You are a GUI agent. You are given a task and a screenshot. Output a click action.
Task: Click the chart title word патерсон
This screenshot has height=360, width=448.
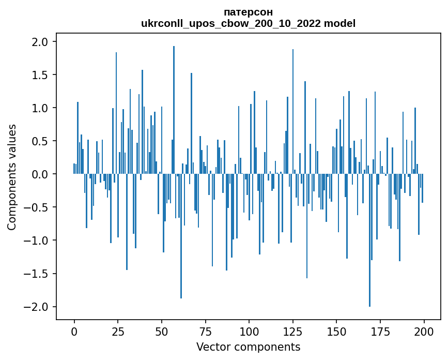(248, 12)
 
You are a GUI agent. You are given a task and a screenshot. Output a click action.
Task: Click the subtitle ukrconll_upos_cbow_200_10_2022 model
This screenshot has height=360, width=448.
(248, 23)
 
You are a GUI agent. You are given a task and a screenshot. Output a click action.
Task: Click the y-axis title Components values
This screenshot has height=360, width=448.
(12, 177)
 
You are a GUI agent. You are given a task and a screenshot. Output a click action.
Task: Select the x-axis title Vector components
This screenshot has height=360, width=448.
(248, 347)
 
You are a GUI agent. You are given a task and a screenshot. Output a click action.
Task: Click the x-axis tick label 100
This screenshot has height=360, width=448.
(249, 331)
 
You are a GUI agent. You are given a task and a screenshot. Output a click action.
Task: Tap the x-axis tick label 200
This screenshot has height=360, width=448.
(424, 331)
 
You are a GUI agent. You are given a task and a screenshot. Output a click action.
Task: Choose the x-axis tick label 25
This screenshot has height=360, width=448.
(118, 331)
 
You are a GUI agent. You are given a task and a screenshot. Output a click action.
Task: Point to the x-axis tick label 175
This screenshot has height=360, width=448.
(380, 331)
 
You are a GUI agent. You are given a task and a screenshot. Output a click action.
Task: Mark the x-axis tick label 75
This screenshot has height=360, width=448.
(205, 331)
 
